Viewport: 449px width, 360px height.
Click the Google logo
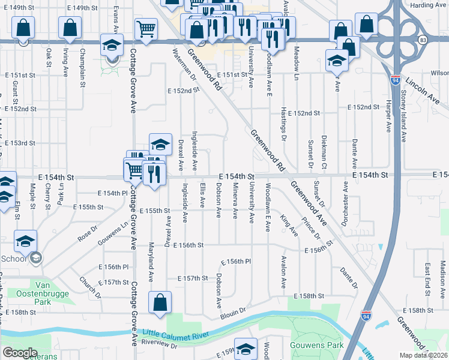tap(20, 353)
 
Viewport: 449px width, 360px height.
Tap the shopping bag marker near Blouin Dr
tap(160, 304)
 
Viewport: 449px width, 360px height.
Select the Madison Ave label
tap(442, 275)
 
